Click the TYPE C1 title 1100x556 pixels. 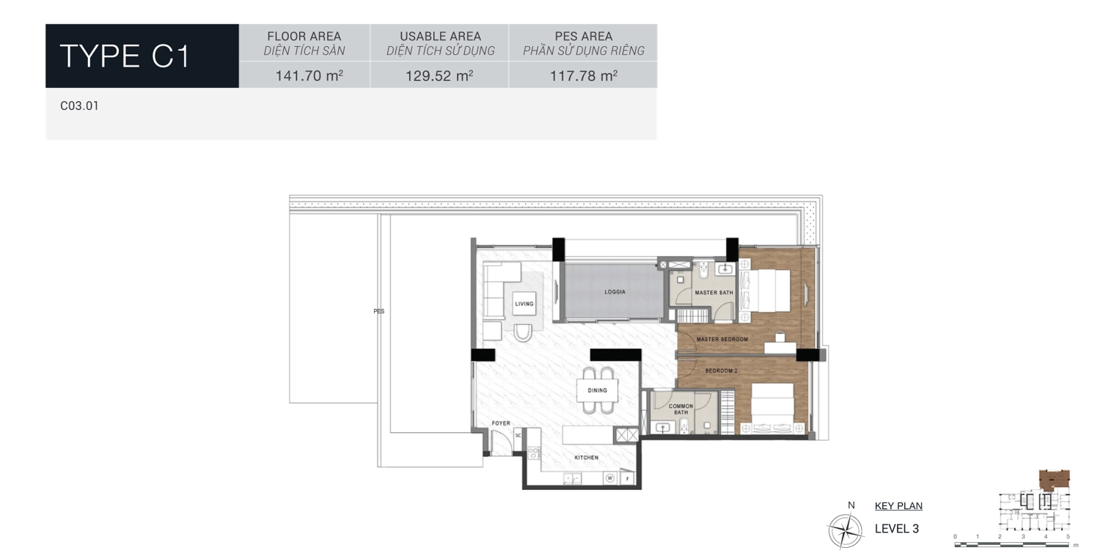[125, 56]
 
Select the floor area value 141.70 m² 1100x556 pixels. [309, 75]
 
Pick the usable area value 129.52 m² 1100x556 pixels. [439, 75]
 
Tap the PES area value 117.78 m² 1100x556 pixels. [584, 75]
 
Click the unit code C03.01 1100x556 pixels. [79, 106]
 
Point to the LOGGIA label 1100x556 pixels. [615, 292]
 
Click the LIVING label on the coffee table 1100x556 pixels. [524, 304]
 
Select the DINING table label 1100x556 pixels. [597, 390]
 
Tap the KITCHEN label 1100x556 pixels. [586, 458]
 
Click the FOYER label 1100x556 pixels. [501, 423]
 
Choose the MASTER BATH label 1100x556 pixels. [714, 293]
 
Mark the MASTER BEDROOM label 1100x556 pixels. [722, 340]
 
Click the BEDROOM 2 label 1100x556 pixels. [721, 371]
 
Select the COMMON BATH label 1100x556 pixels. [681, 409]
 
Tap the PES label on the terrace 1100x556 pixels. [378, 311]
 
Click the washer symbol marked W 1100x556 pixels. [609, 479]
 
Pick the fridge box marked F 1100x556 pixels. [628, 479]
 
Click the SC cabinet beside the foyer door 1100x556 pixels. [518, 435]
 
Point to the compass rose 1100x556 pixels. [844, 528]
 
